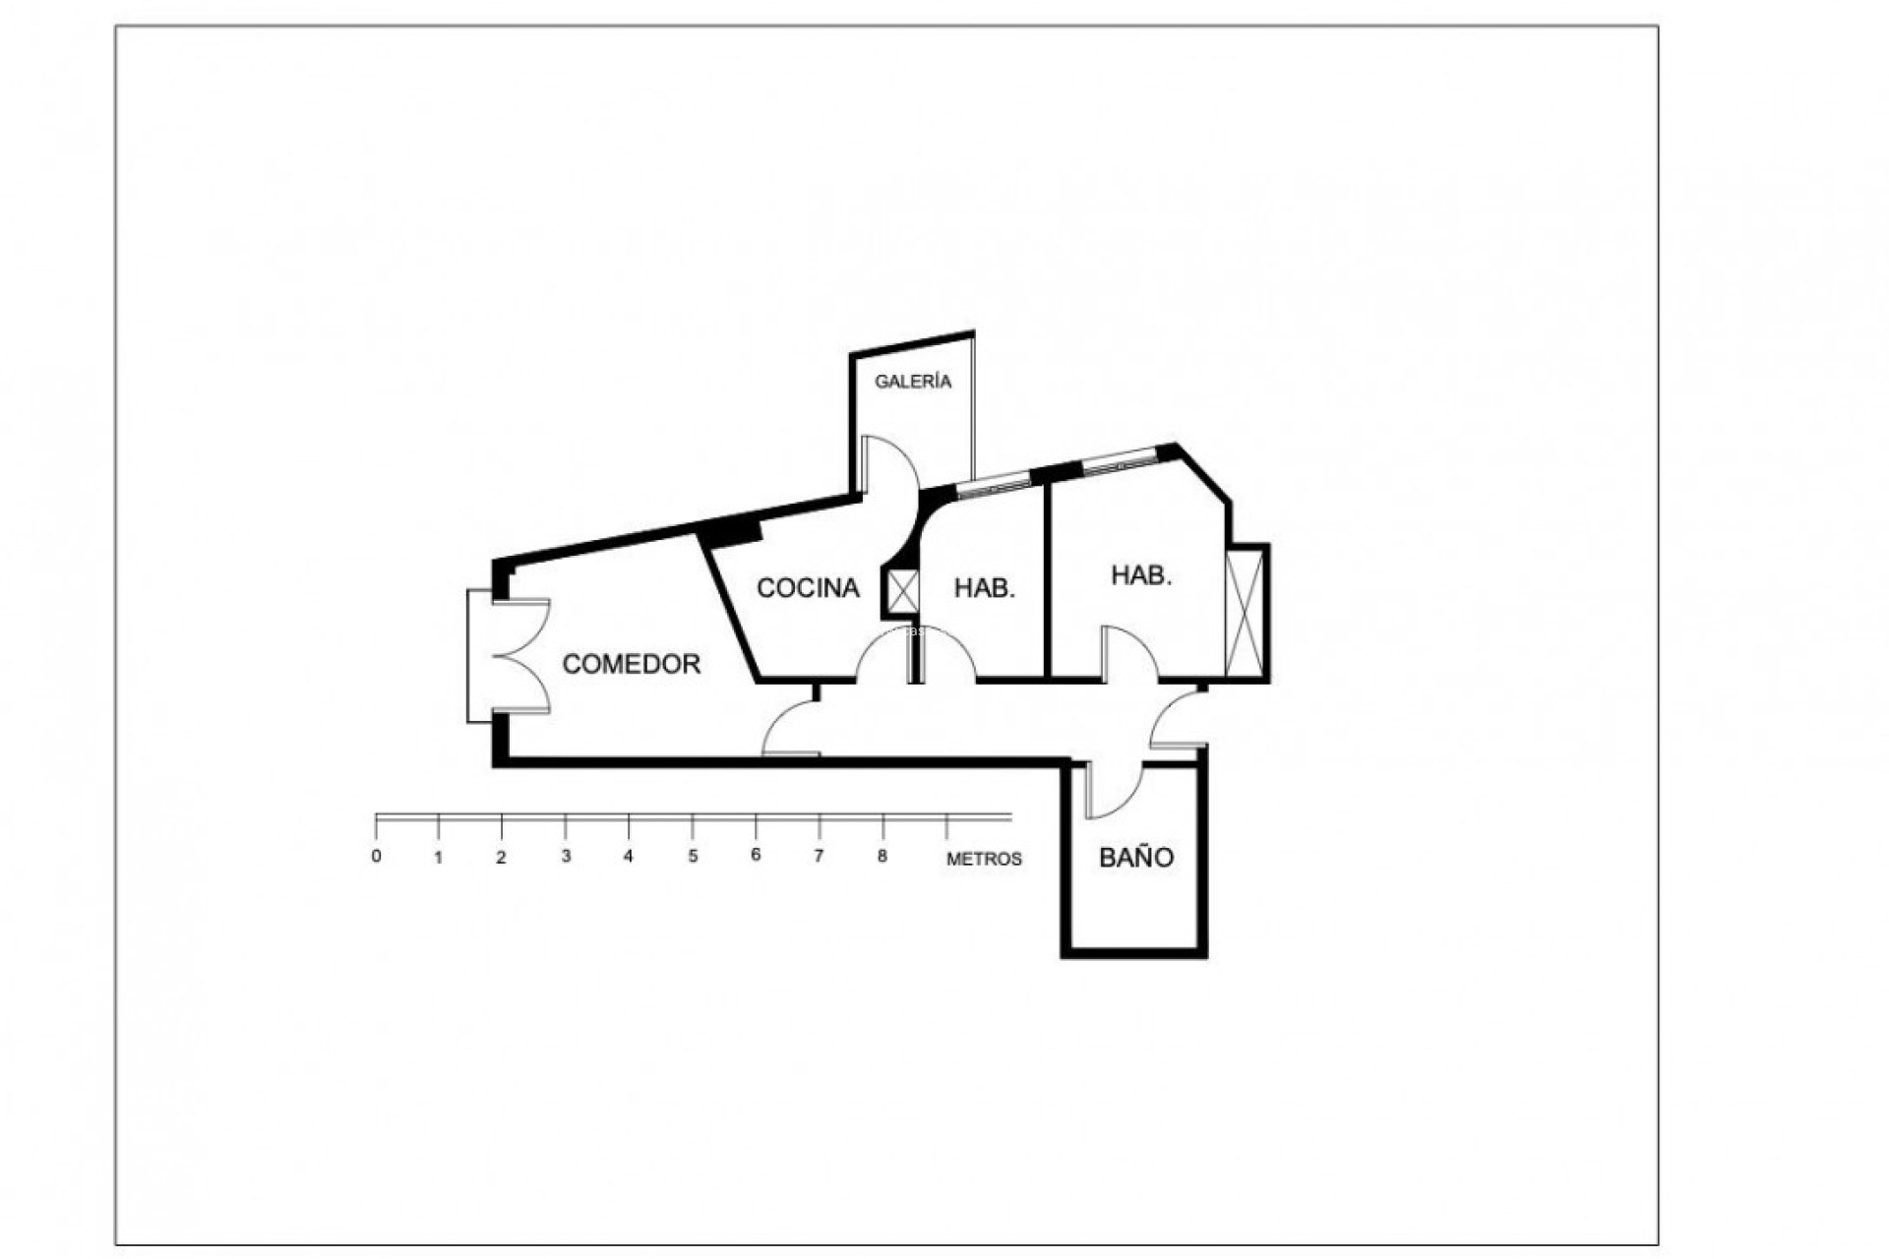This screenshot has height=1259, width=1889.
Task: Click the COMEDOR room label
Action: (x=631, y=664)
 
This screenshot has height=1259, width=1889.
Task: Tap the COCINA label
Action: (x=808, y=588)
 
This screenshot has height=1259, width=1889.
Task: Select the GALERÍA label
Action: (x=913, y=382)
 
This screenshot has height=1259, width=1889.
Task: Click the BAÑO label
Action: (x=1136, y=857)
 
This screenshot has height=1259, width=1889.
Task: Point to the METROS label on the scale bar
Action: (x=984, y=859)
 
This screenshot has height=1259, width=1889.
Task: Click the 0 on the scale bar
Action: (x=376, y=856)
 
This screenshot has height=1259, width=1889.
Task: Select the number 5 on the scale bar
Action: (x=693, y=856)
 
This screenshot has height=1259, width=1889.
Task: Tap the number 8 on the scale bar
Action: (x=882, y=856)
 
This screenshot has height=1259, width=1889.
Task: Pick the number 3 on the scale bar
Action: (x=566, y=856)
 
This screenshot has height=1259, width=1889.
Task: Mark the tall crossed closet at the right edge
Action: (x=1245, y=612)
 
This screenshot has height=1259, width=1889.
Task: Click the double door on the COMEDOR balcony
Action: (x=519, y=656)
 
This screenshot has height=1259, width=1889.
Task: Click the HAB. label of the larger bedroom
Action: (x=1141, y=575)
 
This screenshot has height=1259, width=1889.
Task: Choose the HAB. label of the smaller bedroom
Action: (x=984, y=588)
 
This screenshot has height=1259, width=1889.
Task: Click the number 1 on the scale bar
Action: (x=439, y=857)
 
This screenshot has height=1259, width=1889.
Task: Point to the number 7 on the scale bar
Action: (x=819, y=856)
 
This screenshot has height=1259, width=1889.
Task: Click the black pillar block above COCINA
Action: (x=733, y=529)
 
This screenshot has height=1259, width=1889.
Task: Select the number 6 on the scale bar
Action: (x=756, y=855)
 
